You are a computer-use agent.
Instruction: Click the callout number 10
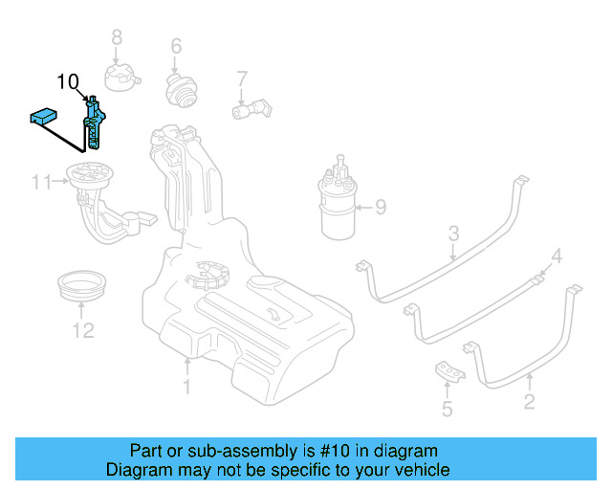tap(69, 82)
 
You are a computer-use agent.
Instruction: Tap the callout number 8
tap(117, 37)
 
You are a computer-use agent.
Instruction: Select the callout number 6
tap(176, 46)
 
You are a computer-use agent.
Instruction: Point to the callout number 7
tap(242, 78)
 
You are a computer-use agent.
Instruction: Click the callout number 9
tap(380, 206)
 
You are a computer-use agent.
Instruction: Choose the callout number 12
tap(83, 331)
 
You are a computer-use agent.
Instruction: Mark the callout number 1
tap(187, 387)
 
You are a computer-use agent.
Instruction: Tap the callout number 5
tap(447, 411)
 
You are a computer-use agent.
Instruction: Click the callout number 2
tap(529, 403)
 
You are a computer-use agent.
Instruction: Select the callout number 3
tap(454, 233)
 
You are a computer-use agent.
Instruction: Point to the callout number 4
tap(557, 256)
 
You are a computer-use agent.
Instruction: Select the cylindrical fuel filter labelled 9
tap(341, 206)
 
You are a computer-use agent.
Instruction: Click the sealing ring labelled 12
tap(82, 285)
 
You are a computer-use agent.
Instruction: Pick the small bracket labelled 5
tap(447, 371)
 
